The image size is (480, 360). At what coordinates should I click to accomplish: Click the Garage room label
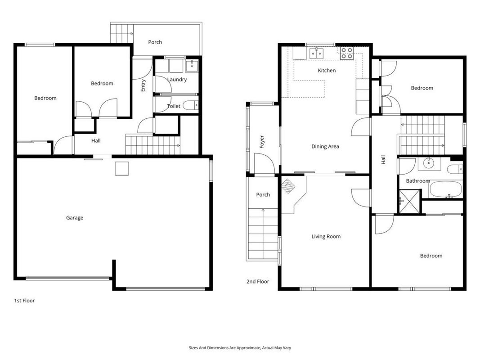click(75, 218)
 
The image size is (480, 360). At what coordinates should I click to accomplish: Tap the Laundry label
click(177, 80)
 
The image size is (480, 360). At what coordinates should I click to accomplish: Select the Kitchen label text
click(327, 70)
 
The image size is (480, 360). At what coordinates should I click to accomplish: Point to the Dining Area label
click(325, 147)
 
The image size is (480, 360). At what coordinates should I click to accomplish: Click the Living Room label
click(326, 237)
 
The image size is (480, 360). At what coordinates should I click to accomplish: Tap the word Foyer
click(262, 142)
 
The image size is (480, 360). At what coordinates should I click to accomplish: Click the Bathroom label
click(418, 181)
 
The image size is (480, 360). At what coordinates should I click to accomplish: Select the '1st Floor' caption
click(24, 301)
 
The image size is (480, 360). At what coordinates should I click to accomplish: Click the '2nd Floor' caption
click(258, 282)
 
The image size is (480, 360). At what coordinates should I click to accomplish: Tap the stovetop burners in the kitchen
click(347, 53)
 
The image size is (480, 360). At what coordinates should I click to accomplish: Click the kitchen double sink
click(316, 54)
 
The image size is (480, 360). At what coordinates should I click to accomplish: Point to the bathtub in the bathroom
click(446, 189)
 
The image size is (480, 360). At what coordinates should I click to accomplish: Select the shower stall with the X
click(409, 202)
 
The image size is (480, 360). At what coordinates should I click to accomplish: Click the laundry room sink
click(192, 66)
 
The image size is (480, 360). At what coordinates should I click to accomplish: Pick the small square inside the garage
click(122, 169)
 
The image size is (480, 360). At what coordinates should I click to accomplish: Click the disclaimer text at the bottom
click(240, 348)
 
